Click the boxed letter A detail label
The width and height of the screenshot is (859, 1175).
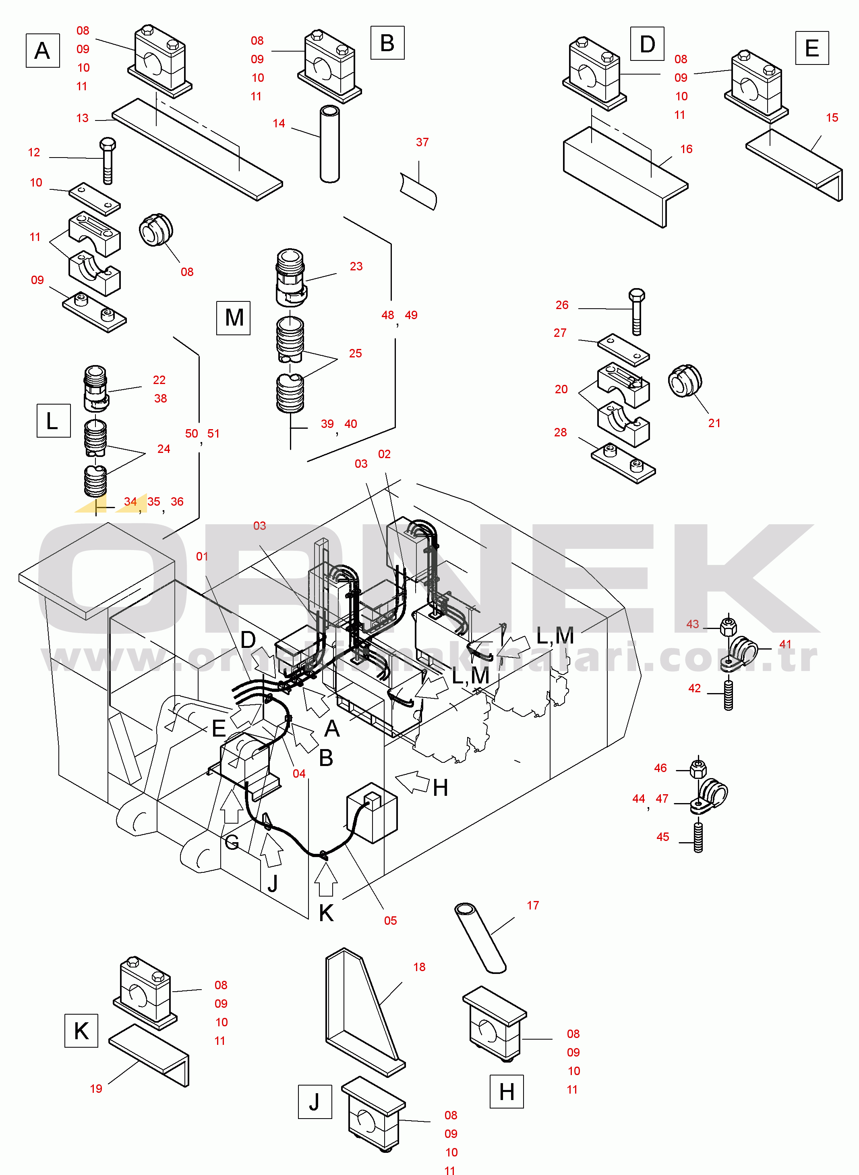tap(43, 50)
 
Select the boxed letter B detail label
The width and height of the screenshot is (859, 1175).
tap(387, 43)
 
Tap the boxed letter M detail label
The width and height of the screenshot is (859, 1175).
tap(234, 318)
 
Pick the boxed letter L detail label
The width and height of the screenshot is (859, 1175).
tap(53, 420)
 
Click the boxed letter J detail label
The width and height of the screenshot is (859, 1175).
tap(315, 1102)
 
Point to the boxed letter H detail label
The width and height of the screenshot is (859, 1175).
tap(507, 1091)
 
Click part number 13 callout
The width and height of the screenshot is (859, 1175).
tap(82, 118)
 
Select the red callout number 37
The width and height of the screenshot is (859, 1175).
tap(422, 142)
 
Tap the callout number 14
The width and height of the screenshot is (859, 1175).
tap(279, 123)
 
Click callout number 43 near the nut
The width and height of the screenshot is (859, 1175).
tap(693, 624)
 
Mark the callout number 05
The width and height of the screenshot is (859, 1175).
tap(391, 921)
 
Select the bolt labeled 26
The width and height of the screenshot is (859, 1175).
tap(637, 311)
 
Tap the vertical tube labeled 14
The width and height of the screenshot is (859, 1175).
tap(330, 144)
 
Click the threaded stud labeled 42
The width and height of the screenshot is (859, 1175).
tap(729, 695)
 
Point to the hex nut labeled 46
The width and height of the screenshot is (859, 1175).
tap(698, 768)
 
